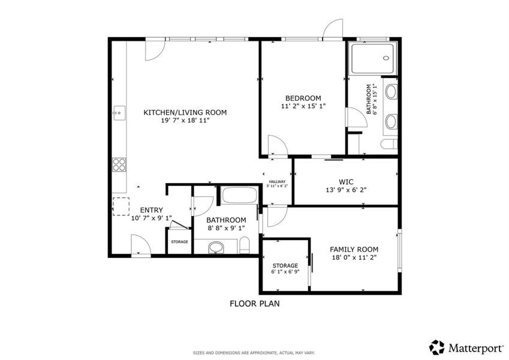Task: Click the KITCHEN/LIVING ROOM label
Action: (185, 112)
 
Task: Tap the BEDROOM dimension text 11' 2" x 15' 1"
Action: (303, 106)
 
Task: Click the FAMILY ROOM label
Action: (354, 249)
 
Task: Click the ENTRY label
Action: (151, 210)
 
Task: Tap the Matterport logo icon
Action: (437, 347)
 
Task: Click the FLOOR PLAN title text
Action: (254, 304)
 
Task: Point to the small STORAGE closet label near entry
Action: (179, 242)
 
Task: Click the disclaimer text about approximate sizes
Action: (254, 352)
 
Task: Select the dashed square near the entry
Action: (121, 206)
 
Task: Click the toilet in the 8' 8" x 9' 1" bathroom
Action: (244, 245)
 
